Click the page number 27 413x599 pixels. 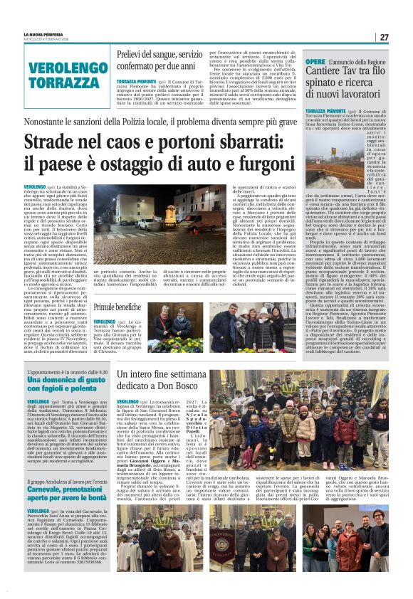pos(383,36)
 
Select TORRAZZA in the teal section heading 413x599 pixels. pos(59,83)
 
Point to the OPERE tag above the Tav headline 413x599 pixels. pos(315,63)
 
